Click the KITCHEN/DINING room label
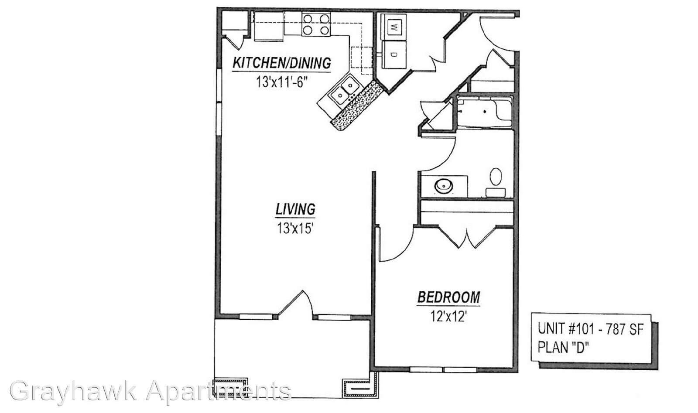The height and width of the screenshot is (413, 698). pos(282,63)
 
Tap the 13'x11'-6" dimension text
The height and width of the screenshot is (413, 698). pos(282,82)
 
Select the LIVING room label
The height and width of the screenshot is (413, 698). pos(295,209)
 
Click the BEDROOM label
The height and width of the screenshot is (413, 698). pos(449,297)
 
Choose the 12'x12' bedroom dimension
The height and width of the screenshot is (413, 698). pos(448,317)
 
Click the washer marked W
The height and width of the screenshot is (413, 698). pos(394,27)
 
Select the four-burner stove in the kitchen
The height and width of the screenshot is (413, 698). pos(316,24)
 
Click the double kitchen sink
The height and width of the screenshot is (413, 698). pos(344,90)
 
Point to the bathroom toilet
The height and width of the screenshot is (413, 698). pos(496,183)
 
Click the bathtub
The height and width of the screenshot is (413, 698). pos(485,112)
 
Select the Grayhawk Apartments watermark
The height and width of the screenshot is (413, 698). pos(150,391)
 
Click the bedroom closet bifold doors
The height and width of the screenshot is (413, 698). pos(466,238)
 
